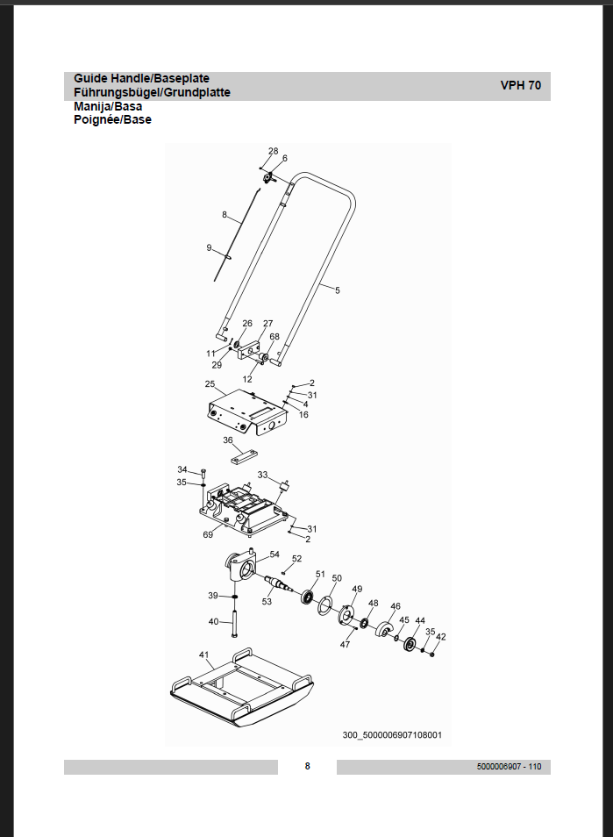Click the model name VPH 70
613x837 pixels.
(x=520, y=85)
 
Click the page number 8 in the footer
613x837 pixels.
(x=307, y=766)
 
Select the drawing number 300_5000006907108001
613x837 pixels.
(x=392, y=735)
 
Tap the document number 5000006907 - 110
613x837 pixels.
(x=509, y=767)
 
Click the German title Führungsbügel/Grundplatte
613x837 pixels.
(x=152, y=92)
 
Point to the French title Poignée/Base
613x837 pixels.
(x=112, y=119)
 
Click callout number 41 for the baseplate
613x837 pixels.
(x=203, y=655)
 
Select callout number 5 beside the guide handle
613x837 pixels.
(x=337, y=290)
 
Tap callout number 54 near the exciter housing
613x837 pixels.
(x=274, y=554)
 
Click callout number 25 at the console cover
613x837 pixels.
(x=210, y=383)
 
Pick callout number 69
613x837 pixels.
(x=208, y=534)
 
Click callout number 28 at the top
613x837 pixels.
(x=273, y=151)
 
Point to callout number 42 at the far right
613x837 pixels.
(x=441, y=636)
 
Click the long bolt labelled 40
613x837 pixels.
(x=234, y=623)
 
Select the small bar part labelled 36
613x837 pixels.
(x=245, y=457)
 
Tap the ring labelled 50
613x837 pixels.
(x=325, y=605)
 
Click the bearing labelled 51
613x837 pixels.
(x=307, y=597)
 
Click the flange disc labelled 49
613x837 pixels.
(x=346, y=614)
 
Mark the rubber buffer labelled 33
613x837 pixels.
(x=285, y=486)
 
